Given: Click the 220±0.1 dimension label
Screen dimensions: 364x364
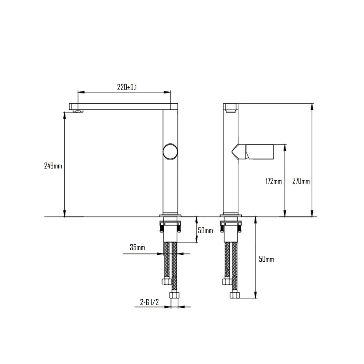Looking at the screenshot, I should [127, 87].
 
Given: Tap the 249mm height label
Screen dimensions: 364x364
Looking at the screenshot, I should [53, 166].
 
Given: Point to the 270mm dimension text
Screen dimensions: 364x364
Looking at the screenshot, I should [301, 181].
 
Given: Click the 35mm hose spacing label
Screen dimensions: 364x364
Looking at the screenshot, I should [137, 248].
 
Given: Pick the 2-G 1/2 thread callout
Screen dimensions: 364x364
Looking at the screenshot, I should [150, 302].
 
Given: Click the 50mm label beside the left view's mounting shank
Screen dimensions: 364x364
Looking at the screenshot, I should [205, 231].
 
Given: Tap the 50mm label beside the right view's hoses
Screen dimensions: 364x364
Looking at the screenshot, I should [266, 259].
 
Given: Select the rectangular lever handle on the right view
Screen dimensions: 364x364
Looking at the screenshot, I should [260, 151].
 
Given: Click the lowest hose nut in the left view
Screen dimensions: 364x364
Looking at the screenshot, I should [174, 295].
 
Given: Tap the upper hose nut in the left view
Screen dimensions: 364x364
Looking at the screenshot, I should [167, 281].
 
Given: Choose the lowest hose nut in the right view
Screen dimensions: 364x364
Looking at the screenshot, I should [234, 294].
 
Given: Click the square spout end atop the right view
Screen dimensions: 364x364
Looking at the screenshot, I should [230, 108].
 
